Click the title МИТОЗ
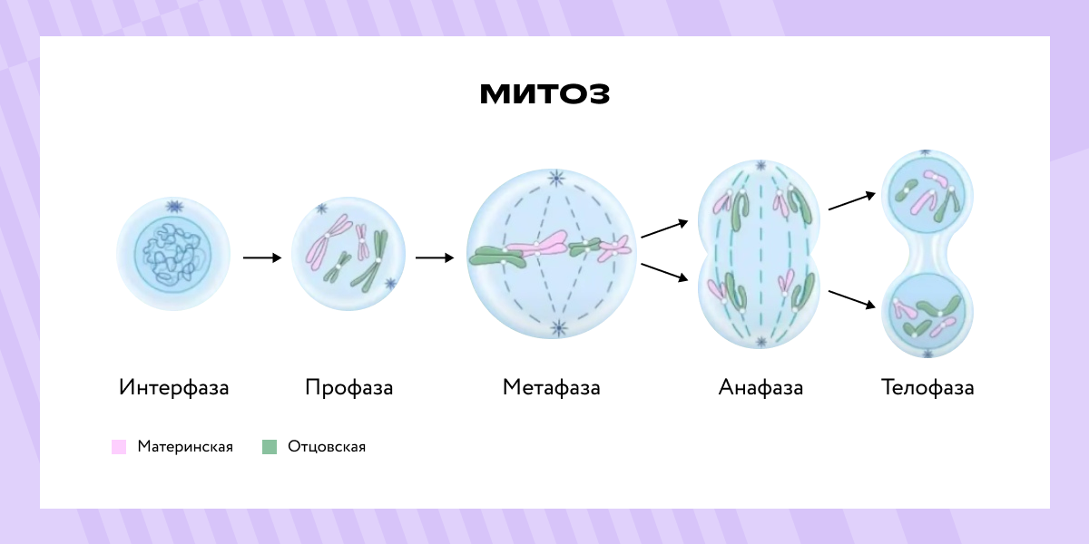544,93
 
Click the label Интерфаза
173,388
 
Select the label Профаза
349,388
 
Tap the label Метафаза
552,388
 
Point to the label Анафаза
760,388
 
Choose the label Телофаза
927,388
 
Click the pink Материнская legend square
119,447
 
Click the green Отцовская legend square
270,447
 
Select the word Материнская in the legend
185,446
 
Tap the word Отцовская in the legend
327,447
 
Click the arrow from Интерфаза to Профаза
262,257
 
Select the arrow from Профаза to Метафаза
435,257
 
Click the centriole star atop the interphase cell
174,207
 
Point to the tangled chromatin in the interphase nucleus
172,253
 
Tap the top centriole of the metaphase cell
556,179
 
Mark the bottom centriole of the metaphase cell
559,328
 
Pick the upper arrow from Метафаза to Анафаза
664,228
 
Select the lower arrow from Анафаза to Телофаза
852,299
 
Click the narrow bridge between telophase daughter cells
927,253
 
